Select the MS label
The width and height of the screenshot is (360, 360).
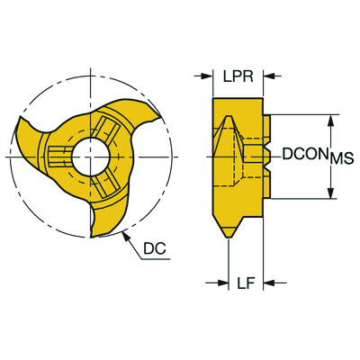pyautogui.click(x=341, y=158)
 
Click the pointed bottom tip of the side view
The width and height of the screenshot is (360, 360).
pyautogui.click(x=230, y=237)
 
